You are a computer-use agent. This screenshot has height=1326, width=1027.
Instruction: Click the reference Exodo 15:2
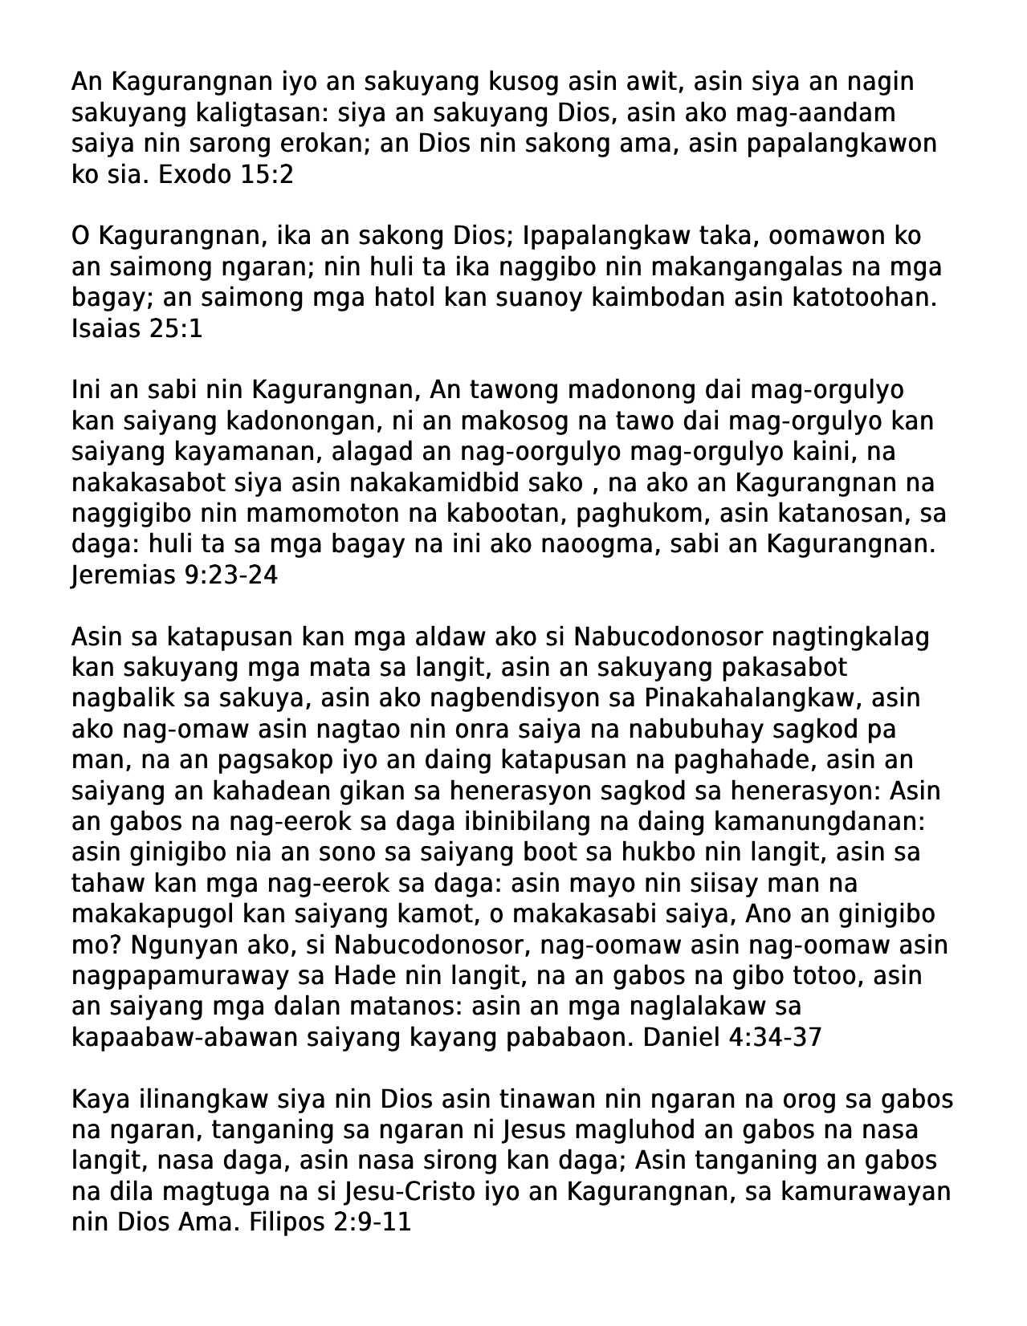[x=226, y=174]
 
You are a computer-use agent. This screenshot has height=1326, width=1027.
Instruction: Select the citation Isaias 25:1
[x=137, y=328]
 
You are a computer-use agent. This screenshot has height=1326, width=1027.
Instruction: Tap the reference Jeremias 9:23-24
[x=174, y=575]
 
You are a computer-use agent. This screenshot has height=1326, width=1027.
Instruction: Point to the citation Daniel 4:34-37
[x=734, y=1037]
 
